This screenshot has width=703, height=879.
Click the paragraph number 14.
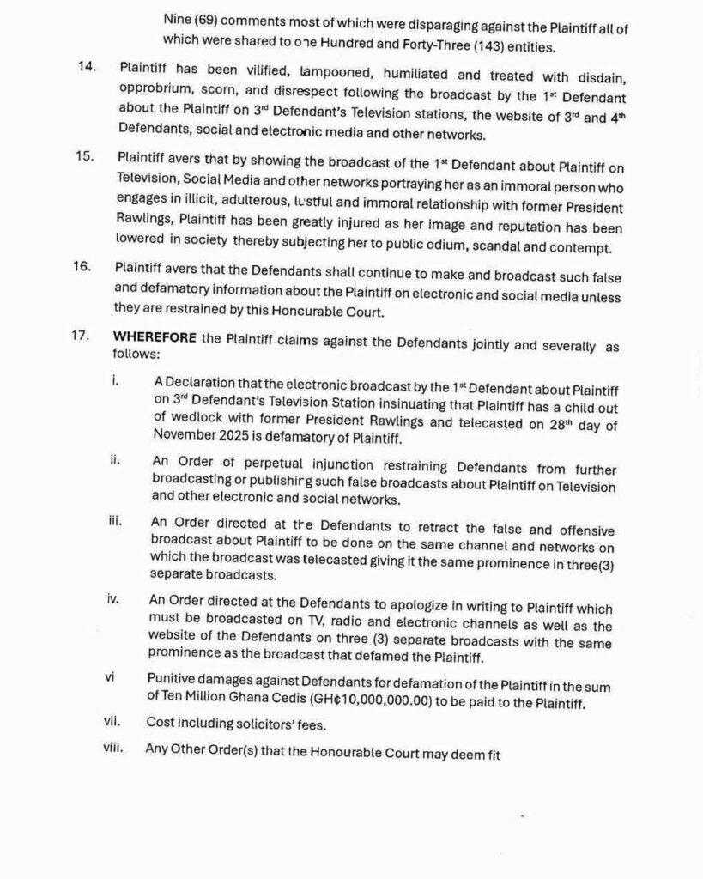[x=87, y=67]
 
